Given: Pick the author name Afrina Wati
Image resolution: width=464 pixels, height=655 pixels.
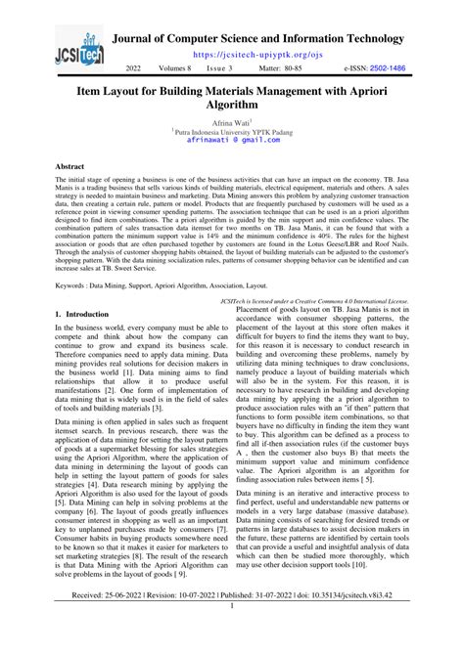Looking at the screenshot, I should [x=231, y=121].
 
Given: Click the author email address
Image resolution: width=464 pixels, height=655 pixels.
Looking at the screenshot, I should [x=232, y=140].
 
